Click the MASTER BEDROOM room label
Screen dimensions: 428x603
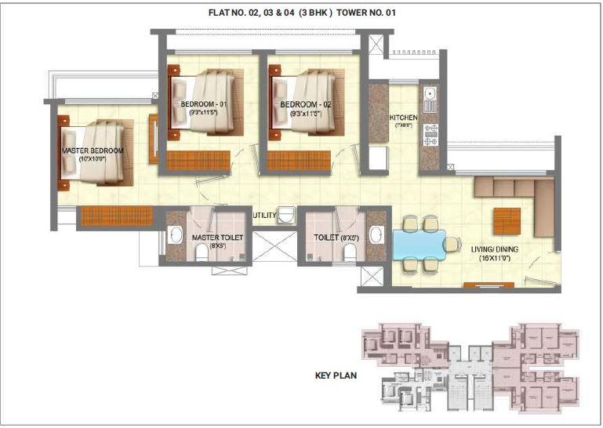(x=93, y=150)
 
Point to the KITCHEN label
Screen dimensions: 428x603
(x=404, y=118)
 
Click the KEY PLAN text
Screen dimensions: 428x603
(x=335, y=375)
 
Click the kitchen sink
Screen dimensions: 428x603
(x=429, y=100)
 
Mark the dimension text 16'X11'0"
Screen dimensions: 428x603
(x=495, y=259)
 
